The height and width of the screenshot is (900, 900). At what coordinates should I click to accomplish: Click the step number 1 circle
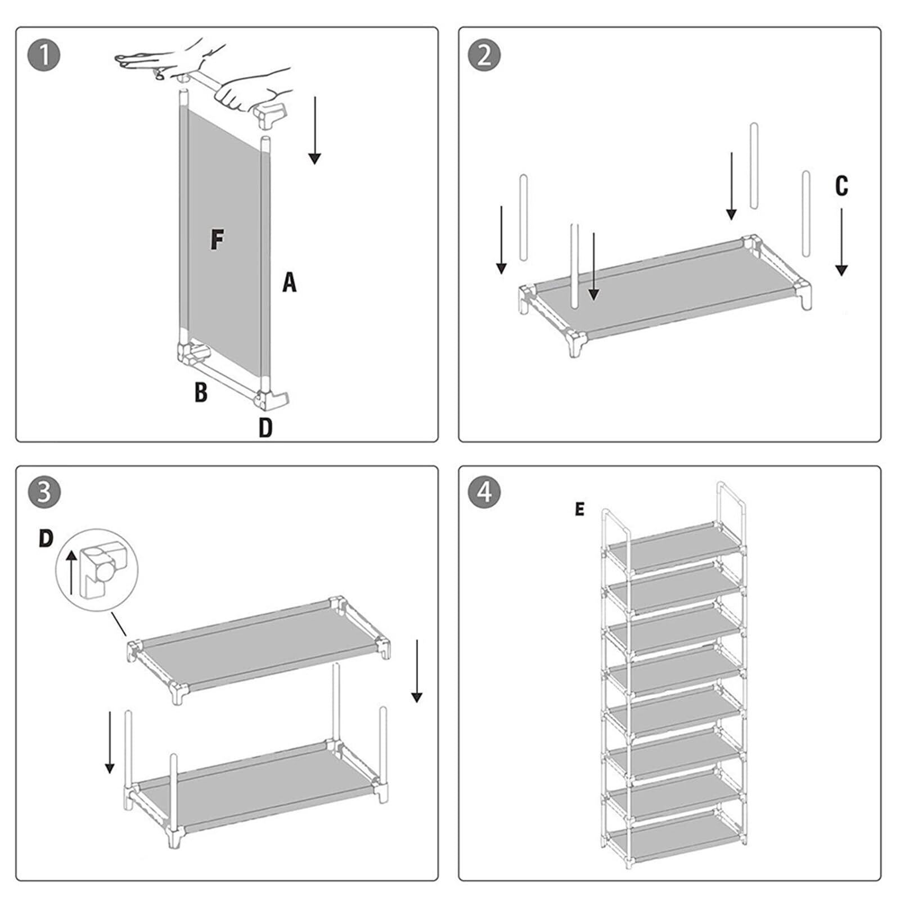[43, 55]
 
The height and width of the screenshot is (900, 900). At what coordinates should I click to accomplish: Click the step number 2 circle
[484, 55]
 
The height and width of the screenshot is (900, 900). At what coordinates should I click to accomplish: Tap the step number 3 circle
[43, 492]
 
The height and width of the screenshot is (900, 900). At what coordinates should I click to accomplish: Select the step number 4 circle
[484, 492]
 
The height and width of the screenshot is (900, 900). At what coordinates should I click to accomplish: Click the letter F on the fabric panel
[217, 240]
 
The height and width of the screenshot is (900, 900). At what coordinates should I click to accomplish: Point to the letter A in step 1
[289, 282]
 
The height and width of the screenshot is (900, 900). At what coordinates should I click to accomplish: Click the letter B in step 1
[201, 392]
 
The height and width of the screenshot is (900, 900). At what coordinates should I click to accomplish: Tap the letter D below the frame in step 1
[265, 427]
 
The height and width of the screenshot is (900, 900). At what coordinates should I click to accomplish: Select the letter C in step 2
[841, 186]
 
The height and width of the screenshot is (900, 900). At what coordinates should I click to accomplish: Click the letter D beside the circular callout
[46, 538]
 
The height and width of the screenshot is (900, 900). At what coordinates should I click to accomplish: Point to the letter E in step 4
[579, 510]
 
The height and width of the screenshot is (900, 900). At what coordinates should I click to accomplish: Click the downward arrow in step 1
[314, 130]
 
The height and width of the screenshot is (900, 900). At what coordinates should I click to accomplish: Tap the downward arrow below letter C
[841, 242]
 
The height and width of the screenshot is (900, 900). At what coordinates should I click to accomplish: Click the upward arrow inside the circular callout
[71, 573]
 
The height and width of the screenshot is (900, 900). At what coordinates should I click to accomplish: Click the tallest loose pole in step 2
[754, 166]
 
